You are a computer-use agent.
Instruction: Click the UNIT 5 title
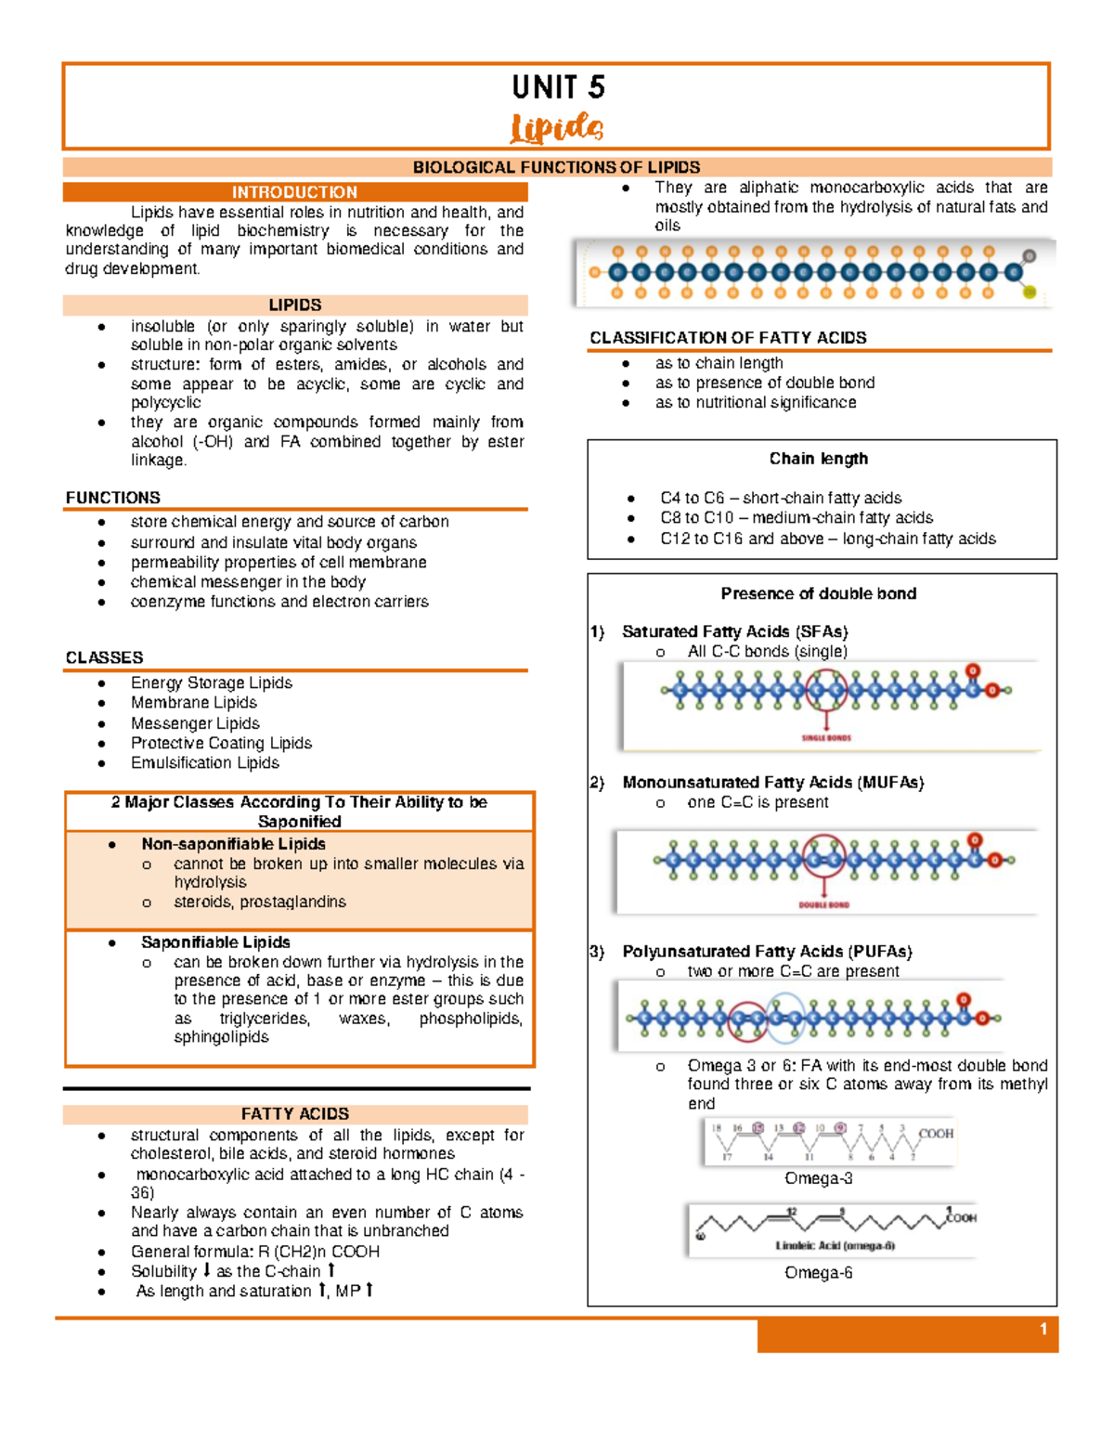(558, 87)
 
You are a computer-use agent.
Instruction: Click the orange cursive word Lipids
(557, 128)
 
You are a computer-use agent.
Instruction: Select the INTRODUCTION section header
(294, 192)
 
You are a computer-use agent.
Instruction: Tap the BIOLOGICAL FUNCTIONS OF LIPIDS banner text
(556, 167)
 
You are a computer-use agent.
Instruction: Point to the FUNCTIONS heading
(112, 498)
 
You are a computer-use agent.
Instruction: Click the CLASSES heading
(104, 657)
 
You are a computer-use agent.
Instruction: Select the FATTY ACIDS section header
(294, 1113)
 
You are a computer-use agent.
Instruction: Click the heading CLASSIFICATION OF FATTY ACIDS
(728, 338)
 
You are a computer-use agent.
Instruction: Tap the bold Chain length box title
(818, 459)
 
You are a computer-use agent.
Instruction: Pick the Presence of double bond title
(818, 593)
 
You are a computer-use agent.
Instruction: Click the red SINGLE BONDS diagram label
(826, 738)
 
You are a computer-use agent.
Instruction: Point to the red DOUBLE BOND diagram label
(823, 904)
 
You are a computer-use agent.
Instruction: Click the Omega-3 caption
(818, 1178)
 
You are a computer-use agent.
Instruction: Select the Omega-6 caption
(818, 1272)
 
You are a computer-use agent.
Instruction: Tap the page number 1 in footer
(1043, 1330)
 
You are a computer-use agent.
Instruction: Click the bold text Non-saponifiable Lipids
(233, 844)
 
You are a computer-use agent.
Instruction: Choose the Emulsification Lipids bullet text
(204, 762)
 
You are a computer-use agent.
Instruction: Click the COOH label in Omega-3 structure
(936, 1133)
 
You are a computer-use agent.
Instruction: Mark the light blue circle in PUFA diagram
(785, 1019)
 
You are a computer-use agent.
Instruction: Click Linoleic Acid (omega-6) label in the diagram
(835, 1245)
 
